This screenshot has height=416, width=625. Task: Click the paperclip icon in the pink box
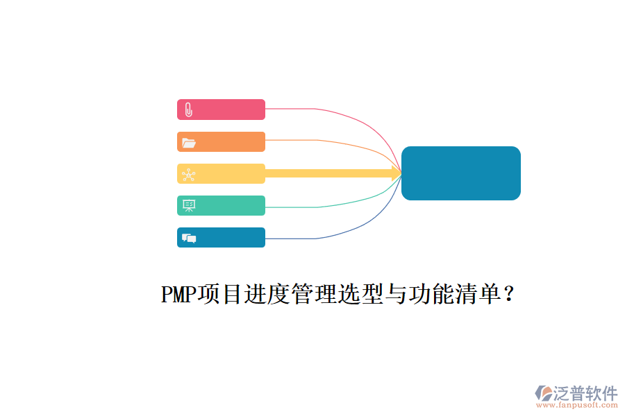point(188,110)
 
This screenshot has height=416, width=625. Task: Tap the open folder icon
point(188,143)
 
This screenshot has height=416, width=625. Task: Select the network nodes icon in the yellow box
point(188,175)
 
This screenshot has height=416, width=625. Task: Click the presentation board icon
point(188,205)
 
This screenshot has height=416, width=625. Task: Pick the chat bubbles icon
point(189,238)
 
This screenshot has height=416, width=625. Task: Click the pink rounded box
point(222,110)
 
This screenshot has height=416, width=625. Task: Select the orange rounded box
point(222,141)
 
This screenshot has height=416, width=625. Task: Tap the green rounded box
point(222,205)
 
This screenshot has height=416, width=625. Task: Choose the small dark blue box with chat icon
point(222,237)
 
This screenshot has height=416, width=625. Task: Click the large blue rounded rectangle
point(461,173)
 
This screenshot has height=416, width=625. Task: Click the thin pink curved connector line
point(351,117)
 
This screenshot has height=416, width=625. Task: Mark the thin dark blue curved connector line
point(351,230)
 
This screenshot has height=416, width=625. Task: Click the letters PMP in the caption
point(178,294)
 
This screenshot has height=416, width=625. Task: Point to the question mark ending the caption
point(509,294)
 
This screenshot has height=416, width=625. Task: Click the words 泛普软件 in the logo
point(585,393)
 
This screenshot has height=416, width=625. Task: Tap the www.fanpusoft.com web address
point(577,405)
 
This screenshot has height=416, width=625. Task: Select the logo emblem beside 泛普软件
point(544,393)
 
